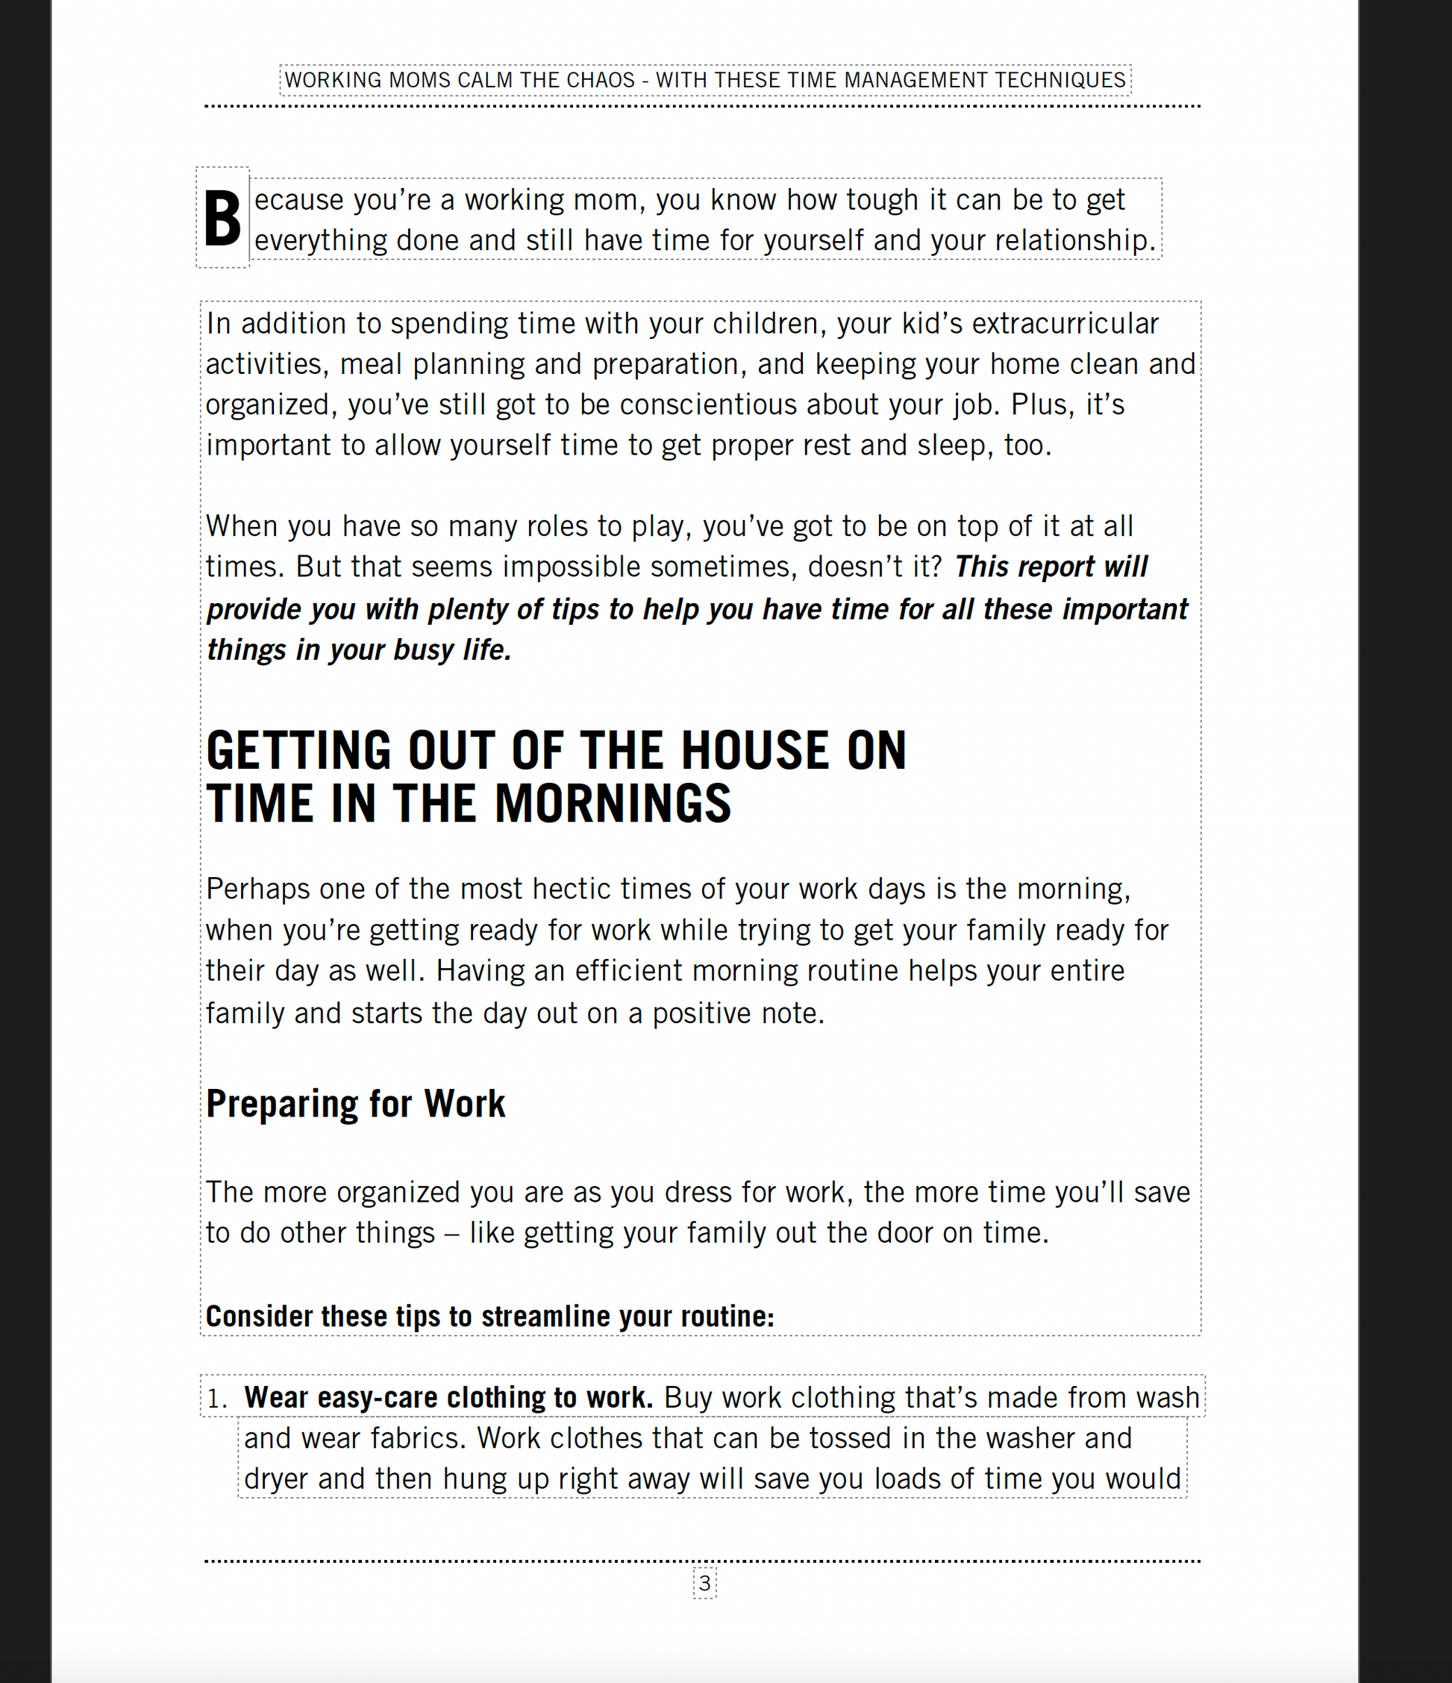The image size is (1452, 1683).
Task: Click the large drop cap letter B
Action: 222,218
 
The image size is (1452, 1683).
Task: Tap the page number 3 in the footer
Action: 705,1582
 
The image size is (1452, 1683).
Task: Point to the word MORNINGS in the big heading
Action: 613,804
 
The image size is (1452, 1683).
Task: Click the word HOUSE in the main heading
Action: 754,751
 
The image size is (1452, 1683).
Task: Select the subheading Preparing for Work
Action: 356,1104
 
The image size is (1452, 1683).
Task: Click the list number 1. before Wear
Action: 217,1399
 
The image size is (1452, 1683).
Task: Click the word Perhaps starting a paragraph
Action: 257,890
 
